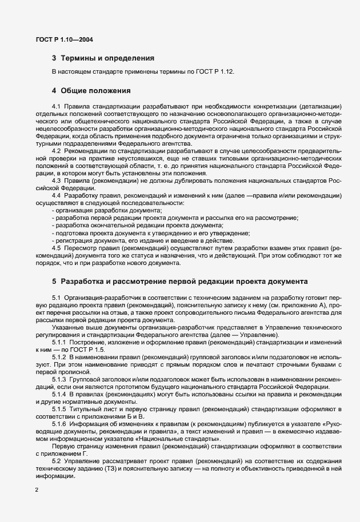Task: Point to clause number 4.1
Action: coord(56,106)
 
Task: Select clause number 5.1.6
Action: coord(59,423)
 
